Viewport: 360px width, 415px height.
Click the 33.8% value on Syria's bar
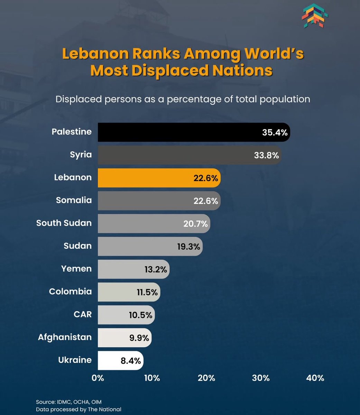point(266,155)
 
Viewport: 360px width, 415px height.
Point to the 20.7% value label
point(195,224)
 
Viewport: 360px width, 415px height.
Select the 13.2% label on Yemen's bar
point(156,269)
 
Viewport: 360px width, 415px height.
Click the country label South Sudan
point(64,223)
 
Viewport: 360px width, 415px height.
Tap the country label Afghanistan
point(65,337)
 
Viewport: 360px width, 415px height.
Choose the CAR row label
point(83,314)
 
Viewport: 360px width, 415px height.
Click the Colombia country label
point(70,292)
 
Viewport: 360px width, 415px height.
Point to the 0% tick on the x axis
point(98,378)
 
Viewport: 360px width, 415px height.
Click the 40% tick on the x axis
point(315,378)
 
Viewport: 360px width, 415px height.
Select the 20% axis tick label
point(206,378)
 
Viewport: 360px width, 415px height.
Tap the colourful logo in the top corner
point(315,16)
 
